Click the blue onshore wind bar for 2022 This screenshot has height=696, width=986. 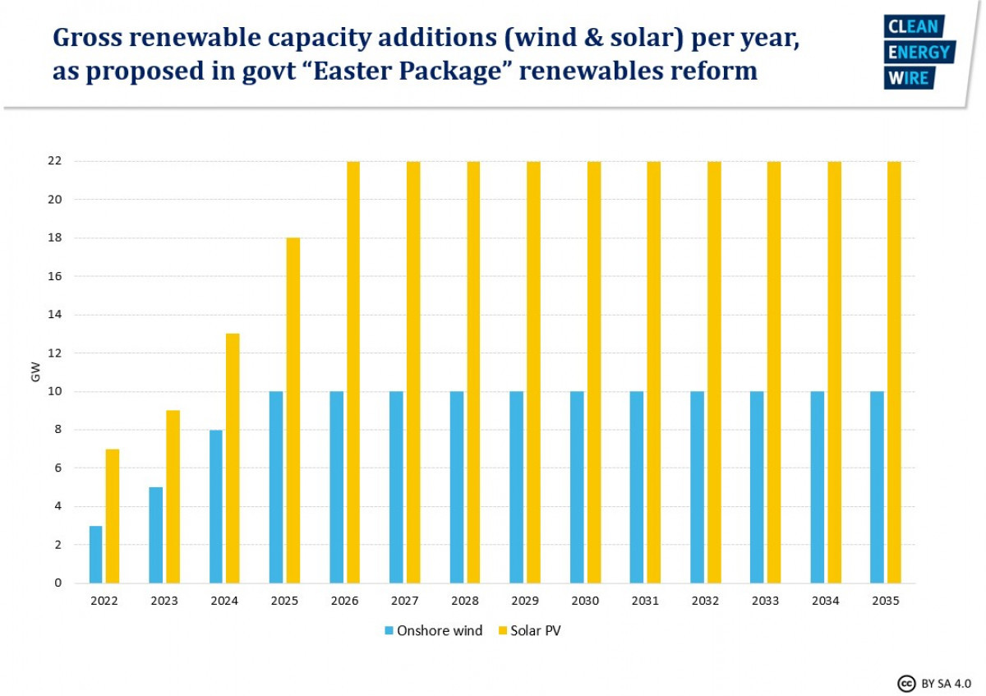[x=96, y=555]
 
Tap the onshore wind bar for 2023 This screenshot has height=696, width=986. [x=156, y=535]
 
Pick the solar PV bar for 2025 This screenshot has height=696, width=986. [x=293, y=411]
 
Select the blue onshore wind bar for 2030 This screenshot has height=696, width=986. [x=577, y=487]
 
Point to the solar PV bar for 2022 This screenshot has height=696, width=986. [x=113, y=516]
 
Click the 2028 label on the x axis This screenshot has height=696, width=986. [x=465, y=601]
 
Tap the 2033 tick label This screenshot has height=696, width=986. [x=765, y=601]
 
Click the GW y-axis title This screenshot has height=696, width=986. [x=35, y=372]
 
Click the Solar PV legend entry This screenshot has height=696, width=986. [x=530, y=631]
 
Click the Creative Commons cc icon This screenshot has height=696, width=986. [x=906, y=683]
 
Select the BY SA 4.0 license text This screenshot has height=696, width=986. [x=947, y=683]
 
